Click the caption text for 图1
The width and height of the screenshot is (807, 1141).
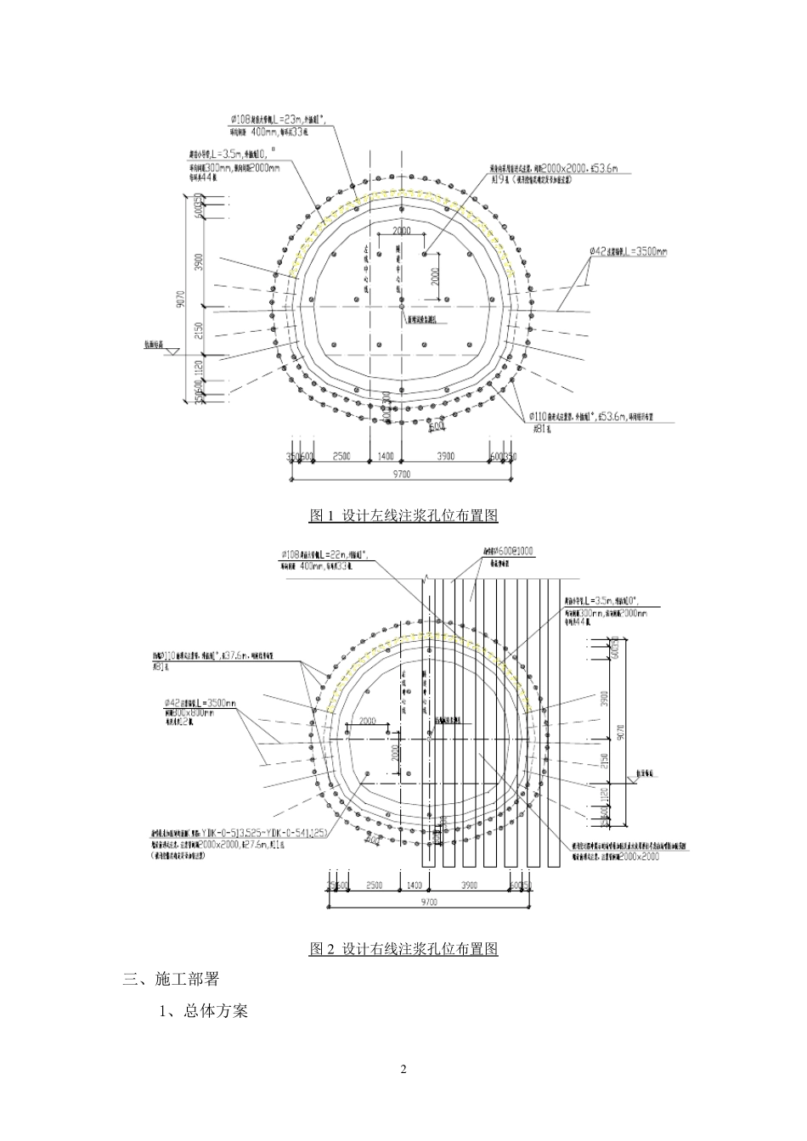(x=403, y=515)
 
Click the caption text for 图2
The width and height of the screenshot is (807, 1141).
(x=403, y=948)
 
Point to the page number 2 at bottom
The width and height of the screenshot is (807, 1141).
(x=403, y=1069)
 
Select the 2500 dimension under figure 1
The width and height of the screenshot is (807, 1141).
(x=341, y=457)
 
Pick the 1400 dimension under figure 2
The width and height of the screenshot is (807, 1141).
(x=414, y=885)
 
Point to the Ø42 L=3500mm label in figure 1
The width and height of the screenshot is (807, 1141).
(x=629, y=251)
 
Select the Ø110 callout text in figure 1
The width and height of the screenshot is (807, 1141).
(x=595, y=417)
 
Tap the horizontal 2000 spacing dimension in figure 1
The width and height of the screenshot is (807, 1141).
(x=401, y=231)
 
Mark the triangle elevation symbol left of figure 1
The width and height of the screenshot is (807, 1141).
(x=170, y=350)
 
